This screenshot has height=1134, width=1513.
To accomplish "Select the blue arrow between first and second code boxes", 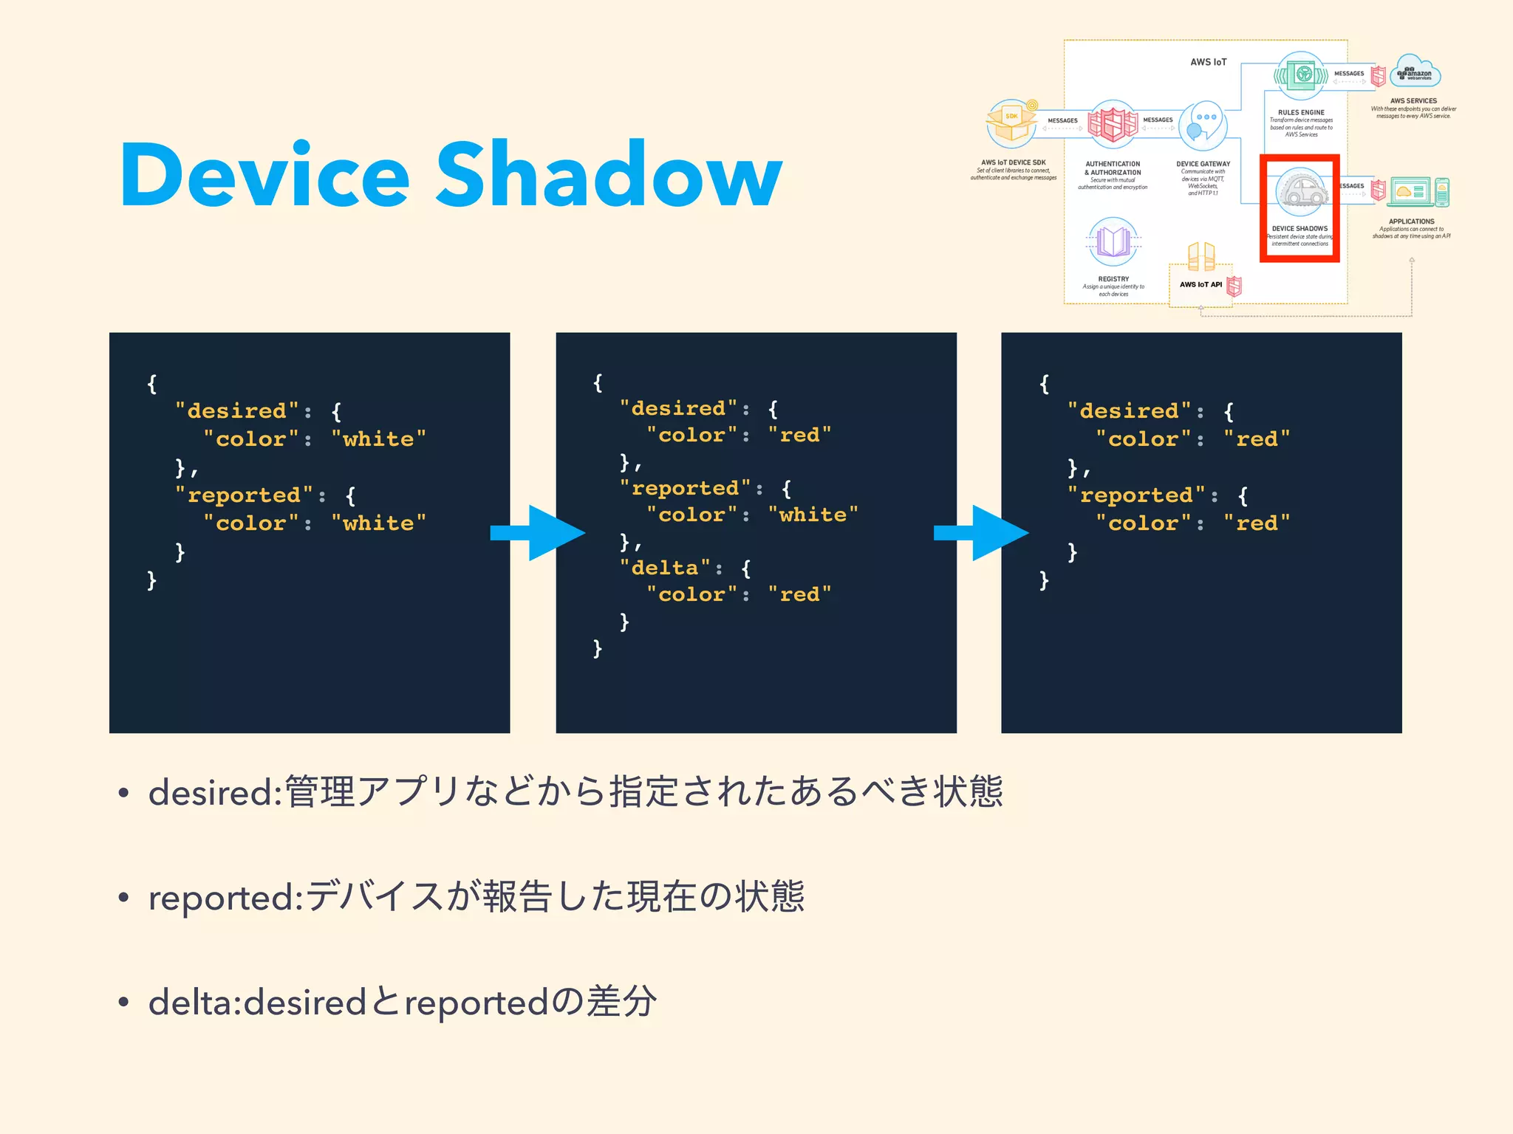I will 538,533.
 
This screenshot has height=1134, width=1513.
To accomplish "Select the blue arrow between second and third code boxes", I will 981,533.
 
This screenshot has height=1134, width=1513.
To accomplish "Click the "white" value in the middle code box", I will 813,515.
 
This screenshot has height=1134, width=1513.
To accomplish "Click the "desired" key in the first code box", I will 237,410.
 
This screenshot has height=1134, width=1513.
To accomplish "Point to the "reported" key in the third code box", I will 1136,495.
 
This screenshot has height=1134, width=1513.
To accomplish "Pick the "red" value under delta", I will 799,594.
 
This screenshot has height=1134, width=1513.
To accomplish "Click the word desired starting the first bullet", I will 211,793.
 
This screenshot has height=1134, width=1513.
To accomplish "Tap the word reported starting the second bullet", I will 222,898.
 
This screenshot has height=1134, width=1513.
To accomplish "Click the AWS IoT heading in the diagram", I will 1208,62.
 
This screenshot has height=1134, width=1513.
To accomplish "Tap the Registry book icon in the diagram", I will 1113,241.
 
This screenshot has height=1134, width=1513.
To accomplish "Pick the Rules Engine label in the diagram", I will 1301,112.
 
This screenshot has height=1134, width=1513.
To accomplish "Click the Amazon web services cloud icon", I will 1415,72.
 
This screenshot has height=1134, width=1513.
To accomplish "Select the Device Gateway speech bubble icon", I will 1203,123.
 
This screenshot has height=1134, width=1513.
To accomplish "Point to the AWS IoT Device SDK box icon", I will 1011,124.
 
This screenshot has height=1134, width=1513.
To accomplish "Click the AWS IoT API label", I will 1201,284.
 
